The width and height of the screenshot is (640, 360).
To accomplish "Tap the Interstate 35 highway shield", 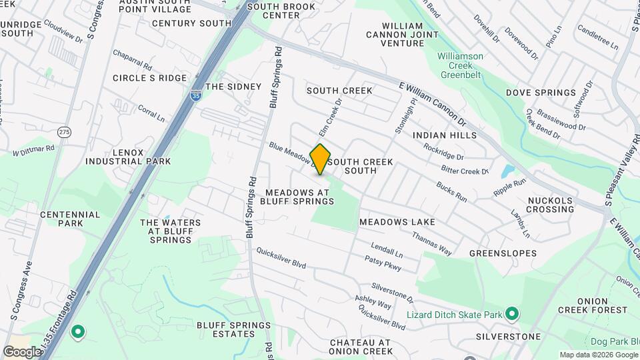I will (195, 96).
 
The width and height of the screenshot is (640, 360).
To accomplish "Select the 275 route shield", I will (64, 132).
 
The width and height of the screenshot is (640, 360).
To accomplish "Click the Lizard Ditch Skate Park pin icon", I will (512, 313).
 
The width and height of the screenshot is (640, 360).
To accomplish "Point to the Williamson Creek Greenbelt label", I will (460, 61).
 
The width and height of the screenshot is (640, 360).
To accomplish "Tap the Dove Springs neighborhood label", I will (541, 93).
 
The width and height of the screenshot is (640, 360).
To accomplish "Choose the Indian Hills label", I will (445, 135).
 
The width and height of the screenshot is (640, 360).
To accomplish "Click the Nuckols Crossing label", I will (550, 205).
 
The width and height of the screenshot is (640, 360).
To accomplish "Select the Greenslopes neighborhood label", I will (503, 253).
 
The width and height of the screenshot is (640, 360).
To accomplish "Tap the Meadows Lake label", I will (397, 221).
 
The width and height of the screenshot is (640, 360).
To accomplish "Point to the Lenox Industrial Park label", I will (128, 157).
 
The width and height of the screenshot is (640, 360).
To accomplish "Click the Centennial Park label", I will (70, 219).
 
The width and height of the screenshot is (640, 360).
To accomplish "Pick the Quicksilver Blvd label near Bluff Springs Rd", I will (281, 258).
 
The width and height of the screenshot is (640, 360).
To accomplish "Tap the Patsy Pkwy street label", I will (383, 265).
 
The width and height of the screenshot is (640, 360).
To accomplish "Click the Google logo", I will (21, 351).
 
